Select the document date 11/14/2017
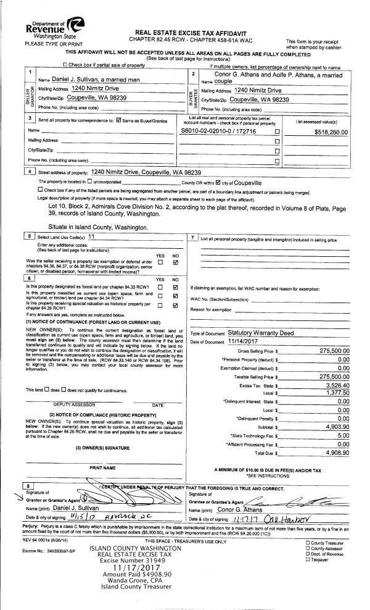click(x=245, y=341)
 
